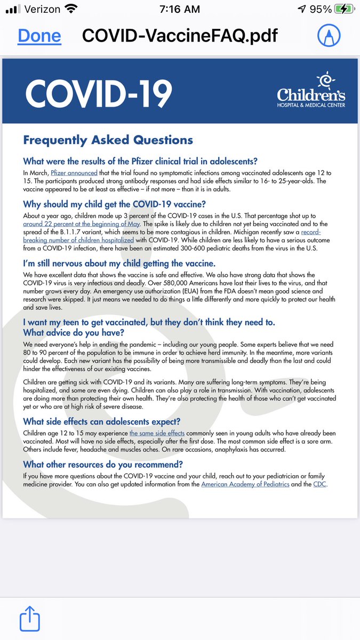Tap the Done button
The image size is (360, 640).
[x=39, y=36]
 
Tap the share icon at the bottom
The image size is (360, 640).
[x=29, y=620]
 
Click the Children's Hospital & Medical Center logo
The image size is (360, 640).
[x=310, y=91]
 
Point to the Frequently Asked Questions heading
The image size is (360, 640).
[x=108, y=140]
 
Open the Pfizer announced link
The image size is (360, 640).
[x=74, y=173]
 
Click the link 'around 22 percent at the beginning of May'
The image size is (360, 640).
[x=81, y=224]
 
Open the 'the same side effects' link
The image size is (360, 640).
[x=157, y=433]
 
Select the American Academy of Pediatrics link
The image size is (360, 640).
[x=255, y=484]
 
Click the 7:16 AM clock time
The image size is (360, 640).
[x=180, y=9]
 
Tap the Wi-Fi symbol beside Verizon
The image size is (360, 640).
[x=69, y=9]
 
